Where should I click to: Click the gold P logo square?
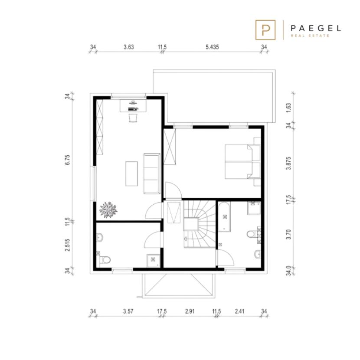(265, 30)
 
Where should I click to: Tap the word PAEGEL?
(316, 29)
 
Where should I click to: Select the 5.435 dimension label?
(212, 47)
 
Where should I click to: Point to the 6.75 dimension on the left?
(67, 160)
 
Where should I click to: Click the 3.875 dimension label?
(288, 163)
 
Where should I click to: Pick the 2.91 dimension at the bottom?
(190, 311)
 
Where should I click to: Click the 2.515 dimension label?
(67, 245)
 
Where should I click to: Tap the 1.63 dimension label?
(288, 108)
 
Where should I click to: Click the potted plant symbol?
(108, 209)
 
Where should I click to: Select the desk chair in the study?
(133, 118)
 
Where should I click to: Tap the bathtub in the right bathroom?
(224, 217)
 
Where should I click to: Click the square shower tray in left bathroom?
(153, 261)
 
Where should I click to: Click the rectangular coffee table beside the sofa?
(131, 173)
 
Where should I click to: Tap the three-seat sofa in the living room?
(152, 173)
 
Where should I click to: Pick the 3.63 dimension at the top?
(128, 47)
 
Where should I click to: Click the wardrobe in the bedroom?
(170, 147)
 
